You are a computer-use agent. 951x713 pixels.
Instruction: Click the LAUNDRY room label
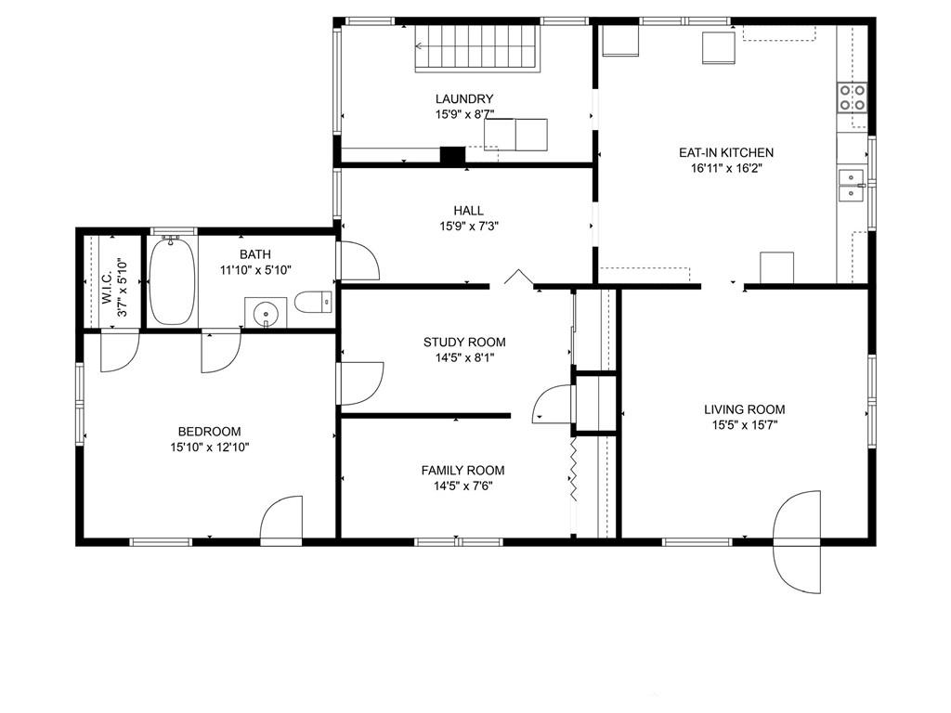pos(464,98)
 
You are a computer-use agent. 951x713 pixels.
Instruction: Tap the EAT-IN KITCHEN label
pos(726,153)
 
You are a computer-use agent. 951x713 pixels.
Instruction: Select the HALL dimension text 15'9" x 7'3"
pos(469,227)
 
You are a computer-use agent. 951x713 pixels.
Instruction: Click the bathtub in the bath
pos(172,282)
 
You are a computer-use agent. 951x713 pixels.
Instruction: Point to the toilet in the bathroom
pos(314,302)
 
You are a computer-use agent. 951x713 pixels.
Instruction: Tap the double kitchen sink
pos(853,185)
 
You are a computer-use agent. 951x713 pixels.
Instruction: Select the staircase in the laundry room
pos(477,49)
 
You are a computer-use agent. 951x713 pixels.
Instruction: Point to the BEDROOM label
pos(209,432)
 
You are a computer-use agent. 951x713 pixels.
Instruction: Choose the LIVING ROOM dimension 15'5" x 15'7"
pos(744,425)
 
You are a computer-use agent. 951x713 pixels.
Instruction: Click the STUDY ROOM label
pos(464,342)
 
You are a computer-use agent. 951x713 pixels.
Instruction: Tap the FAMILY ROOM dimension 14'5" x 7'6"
pos(462,486)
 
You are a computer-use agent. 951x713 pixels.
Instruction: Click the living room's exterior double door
pos(797,541)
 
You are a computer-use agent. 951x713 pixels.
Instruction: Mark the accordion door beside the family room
pos(572,469)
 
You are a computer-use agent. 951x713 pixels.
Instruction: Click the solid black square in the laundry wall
pos(452,155)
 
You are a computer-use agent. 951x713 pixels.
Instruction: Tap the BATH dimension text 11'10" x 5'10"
pos(255,270)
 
